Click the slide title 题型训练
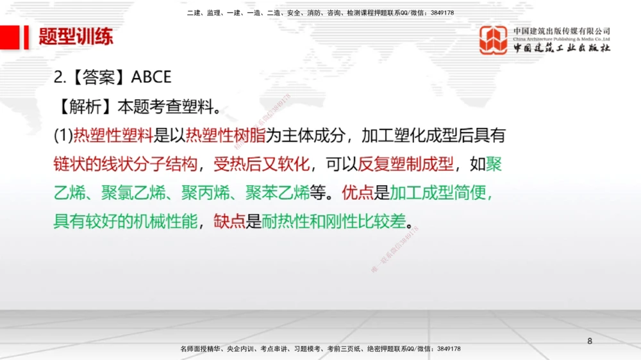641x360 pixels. click(76, 37)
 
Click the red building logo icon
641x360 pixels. click(494, 40)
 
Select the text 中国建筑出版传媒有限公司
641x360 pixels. click(562, 31)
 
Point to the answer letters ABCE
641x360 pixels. click(151, 77)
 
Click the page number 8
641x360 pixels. click(590, 341)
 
